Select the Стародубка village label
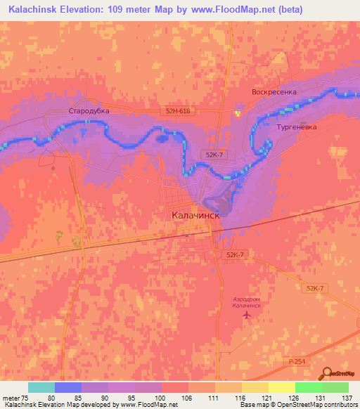tap(87, 111)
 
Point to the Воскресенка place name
tap(275, 92)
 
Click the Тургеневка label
tap(297, 128)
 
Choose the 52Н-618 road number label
tap(179, 111)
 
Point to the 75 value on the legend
tap(27, 397)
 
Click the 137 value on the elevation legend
tap(347, 397)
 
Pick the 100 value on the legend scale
tap(160, 397)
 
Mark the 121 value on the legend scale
tap(267, 397)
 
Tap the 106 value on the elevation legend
tap(187, 397)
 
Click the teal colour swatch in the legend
tap(41, 387)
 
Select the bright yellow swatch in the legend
tap(281, 387)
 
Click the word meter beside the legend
tap(11, 397)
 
